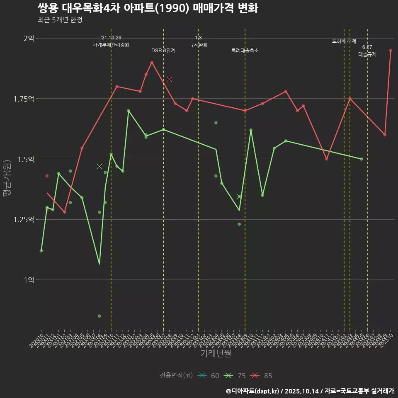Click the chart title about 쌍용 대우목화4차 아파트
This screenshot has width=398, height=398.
[148, 8]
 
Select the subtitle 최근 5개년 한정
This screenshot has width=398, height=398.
[60, 20]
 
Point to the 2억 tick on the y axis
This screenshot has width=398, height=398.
[29, 39]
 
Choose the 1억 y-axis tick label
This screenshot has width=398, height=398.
[29, 280]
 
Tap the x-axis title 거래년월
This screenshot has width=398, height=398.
[216, 353]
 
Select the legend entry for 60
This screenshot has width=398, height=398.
[209, 376]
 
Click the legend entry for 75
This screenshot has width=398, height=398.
[235, 376]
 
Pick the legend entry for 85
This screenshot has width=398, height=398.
[262, 376]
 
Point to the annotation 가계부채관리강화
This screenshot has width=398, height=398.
[111, 45]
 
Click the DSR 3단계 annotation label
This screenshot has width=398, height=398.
[163, 51]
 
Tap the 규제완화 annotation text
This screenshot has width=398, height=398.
[198, 45]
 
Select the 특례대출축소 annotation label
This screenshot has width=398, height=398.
[245, 51]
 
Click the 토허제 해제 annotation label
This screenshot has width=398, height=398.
[344, 41]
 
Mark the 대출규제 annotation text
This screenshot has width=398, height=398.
[367, 54]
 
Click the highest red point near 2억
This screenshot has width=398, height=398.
[391, 50]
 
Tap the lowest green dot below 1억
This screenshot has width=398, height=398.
[99, 316]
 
